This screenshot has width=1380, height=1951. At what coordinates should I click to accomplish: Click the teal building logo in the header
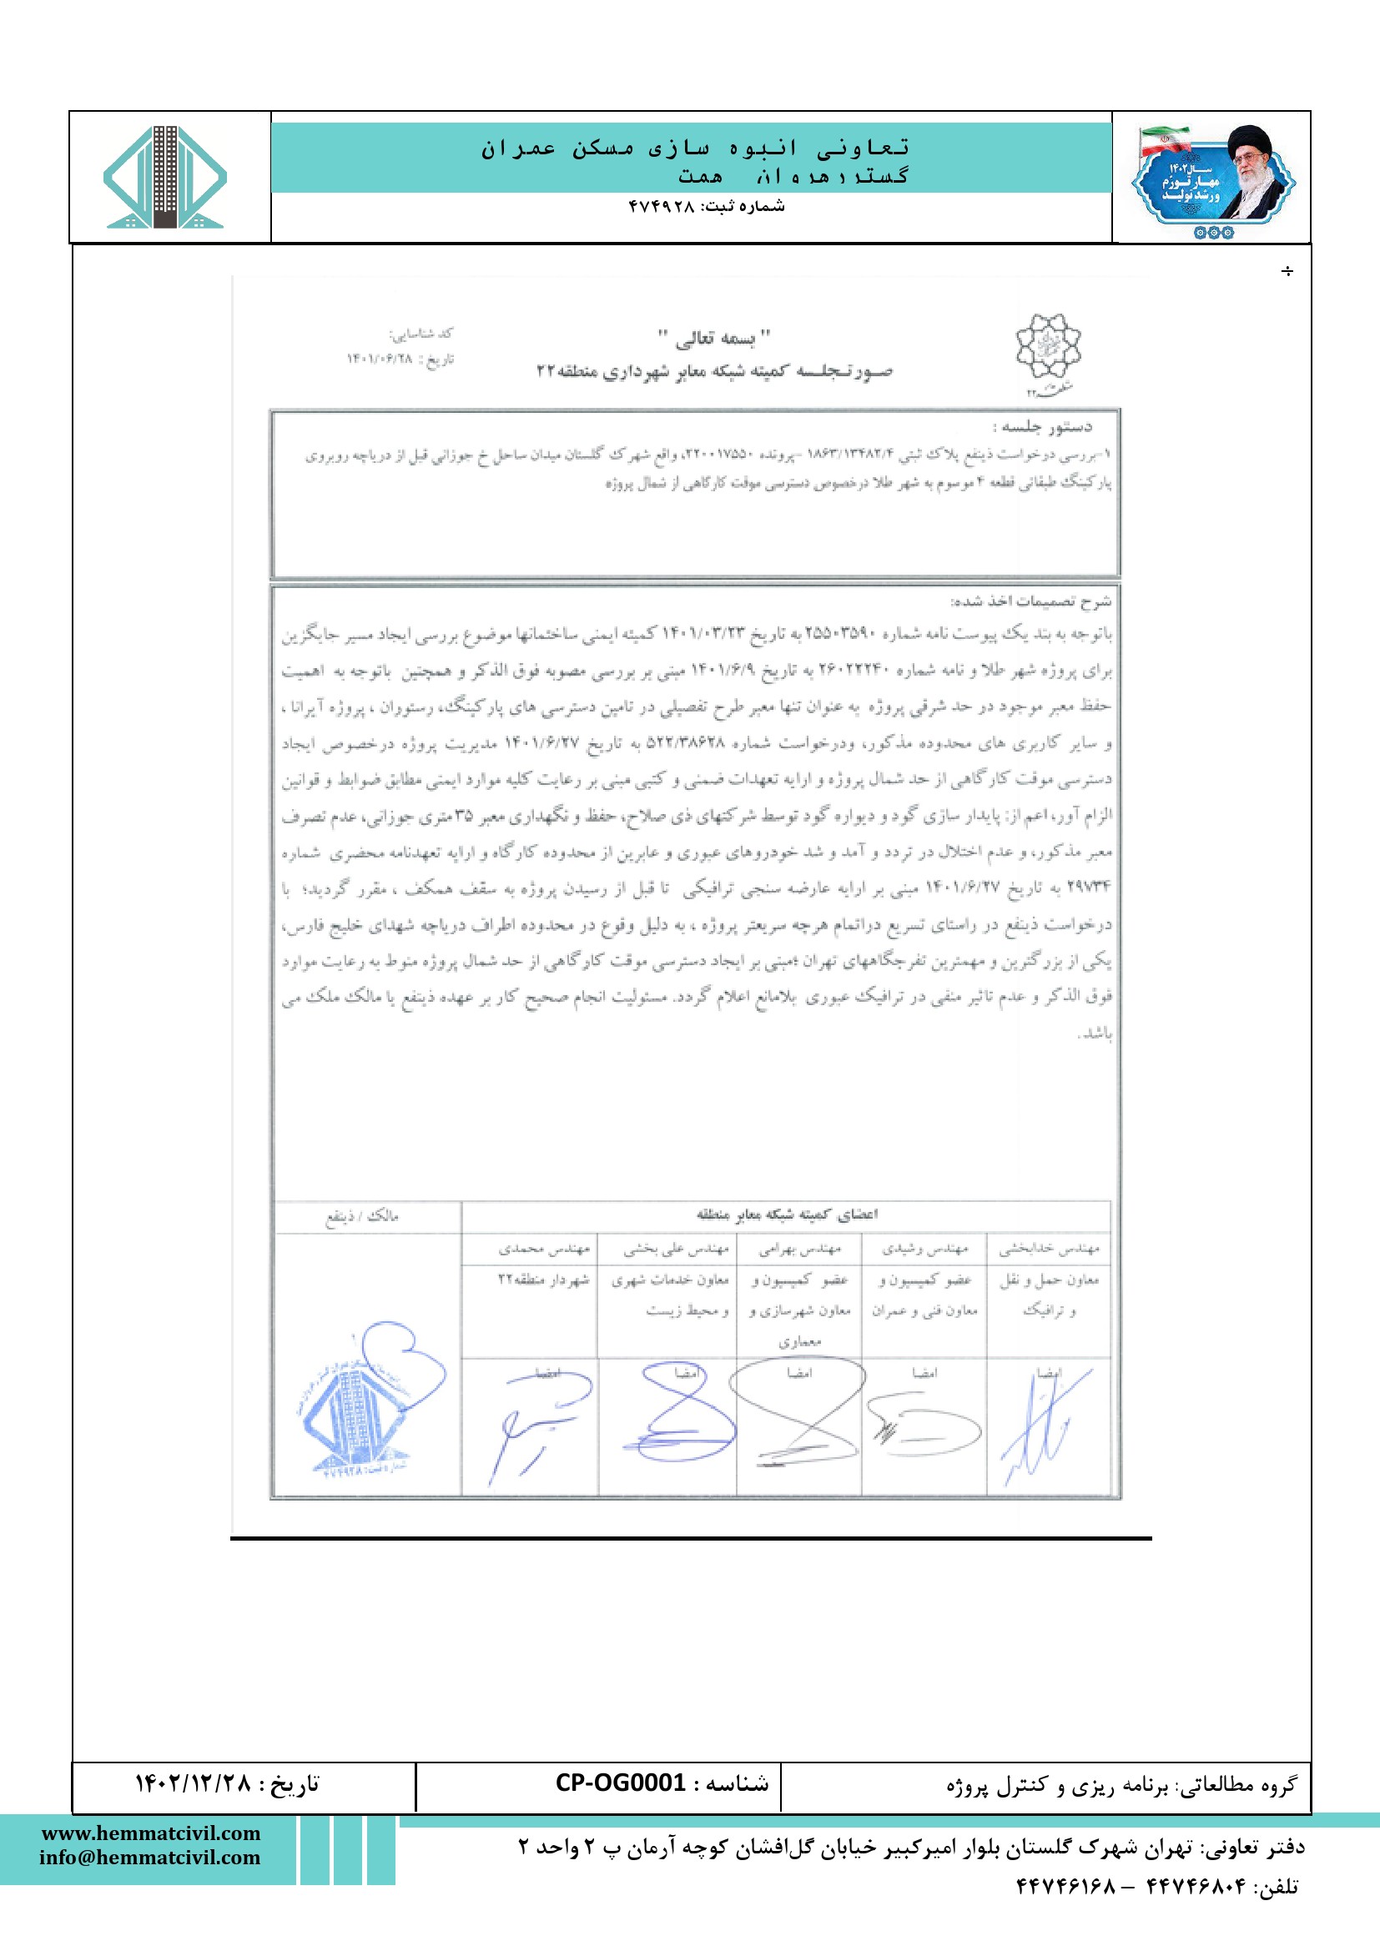(x=165, y=178)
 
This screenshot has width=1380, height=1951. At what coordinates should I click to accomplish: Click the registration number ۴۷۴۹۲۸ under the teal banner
(x=662, y=207)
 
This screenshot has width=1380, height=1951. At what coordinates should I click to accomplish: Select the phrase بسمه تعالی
(x=715, y=338)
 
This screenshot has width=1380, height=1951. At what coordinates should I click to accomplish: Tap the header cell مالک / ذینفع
(x=362, y=1216)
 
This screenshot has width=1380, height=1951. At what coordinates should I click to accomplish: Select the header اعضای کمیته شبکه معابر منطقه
(x=786, y=1214)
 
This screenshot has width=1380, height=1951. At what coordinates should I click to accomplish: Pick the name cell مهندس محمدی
(x=544, y=1249)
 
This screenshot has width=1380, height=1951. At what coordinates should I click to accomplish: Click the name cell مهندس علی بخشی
(x=676, y=1249)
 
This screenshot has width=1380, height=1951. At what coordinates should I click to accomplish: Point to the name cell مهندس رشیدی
(x=924, y=1249)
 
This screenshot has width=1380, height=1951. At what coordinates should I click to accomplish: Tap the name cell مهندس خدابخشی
(x=1049, y=1249)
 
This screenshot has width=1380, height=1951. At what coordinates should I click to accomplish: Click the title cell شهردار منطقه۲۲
(x=543, y=1280)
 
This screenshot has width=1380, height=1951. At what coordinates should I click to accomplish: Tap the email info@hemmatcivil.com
(x=149, y=1857)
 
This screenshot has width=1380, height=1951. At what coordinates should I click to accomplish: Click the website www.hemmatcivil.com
(x=151, y=1833)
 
